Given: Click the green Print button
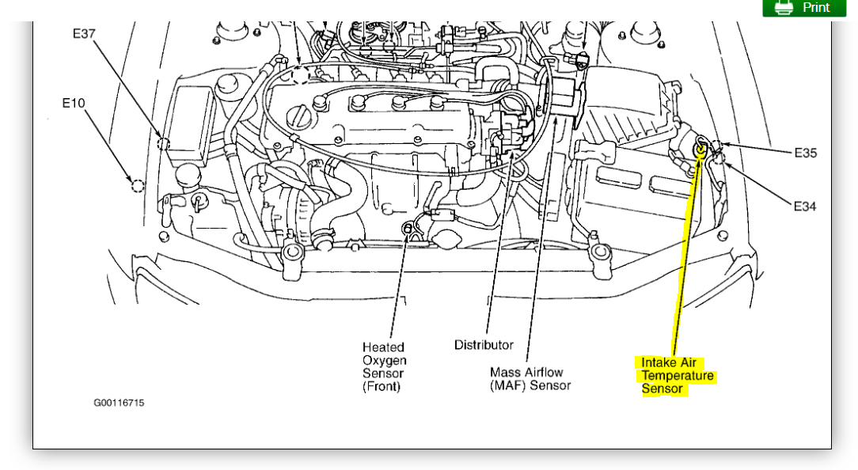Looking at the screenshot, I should (x=803, y=7).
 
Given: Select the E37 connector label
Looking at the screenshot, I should (x=84, y=34).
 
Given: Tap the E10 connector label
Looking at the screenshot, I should (x=74, y=103).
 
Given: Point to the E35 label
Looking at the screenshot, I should (x=806, y=153).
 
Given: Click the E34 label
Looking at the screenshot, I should (x=805, y=206).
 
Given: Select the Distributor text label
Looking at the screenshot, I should (x=484, y=345).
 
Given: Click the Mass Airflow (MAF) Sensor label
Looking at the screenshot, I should (x=530, y=378).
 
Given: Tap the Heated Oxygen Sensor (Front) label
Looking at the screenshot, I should (x=383, y=366).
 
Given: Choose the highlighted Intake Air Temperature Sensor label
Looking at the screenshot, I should (x=677, y=375).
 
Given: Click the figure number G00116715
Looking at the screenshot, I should (x=119, y=403).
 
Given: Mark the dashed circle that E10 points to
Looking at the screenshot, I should (x=138, y=186).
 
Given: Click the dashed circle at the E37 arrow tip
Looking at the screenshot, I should (x=164, y=143).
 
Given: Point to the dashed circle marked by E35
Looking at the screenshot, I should (x=716, y=147).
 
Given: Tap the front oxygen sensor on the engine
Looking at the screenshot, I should (x=408, y=229).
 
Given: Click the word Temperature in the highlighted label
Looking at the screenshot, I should (x=678, y=376).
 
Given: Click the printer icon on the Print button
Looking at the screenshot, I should (x=784, y=7).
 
